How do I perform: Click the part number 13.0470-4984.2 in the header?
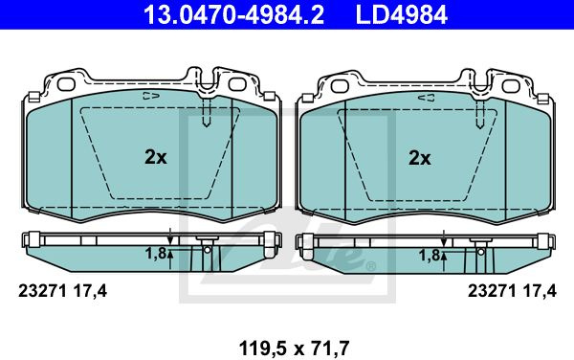pos(233,15)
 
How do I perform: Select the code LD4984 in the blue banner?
pos(402,15)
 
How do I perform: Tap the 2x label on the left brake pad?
pos(156,157)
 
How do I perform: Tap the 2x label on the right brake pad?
pos(420,158)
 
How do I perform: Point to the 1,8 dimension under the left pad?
pos(156,253)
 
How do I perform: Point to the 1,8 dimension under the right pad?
pos(430,256)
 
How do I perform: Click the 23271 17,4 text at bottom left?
pos(62,291)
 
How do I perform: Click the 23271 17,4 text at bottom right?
pos(512,291)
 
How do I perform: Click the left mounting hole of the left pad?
pos(66,84)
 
